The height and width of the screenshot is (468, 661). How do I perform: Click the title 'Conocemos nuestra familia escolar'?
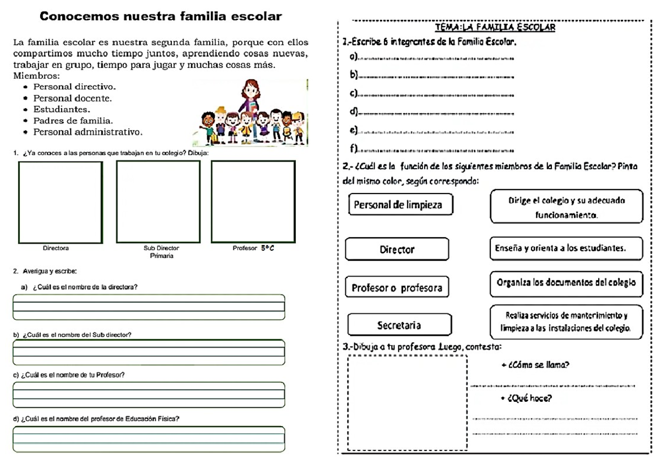tap(161, 17)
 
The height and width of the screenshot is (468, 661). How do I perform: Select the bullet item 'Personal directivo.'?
tap(74, 87)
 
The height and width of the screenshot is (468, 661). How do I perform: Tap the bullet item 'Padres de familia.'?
tap(73, 121)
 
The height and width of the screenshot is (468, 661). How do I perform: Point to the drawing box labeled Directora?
tap(61, 202)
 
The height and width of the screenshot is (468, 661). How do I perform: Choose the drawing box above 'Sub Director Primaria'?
tap(158, 202)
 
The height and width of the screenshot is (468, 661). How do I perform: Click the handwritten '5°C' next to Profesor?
tap(267, 249)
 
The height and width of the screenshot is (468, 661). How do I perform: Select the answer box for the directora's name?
tap(149, 307)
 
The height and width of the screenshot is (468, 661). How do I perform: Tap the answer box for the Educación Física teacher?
tap(149, 439)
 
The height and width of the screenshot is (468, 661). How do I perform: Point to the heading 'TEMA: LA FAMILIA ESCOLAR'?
tap(495, 27)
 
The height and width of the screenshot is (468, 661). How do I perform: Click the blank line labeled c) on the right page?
tap(435, 95)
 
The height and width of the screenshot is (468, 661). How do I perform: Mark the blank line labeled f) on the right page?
tap(435, 150)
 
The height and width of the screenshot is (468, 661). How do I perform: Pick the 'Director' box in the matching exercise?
tap(397, 249)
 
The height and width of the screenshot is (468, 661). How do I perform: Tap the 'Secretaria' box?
tap(399, 325)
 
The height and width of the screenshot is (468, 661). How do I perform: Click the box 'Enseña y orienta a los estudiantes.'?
tap(566, 248)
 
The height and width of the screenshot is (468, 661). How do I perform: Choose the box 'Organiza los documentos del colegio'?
tap(566, 282)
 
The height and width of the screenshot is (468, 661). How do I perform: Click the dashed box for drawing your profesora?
tap(407, 404)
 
